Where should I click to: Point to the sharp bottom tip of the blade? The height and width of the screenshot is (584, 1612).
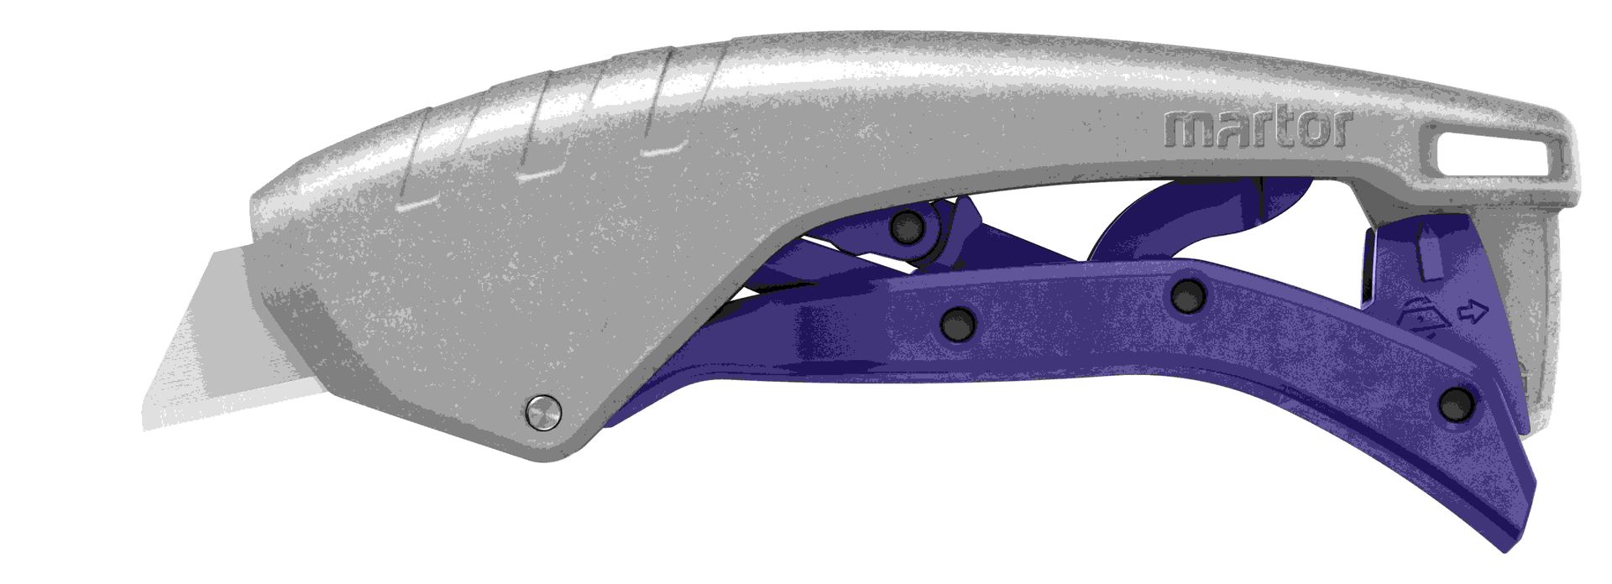[144, 429]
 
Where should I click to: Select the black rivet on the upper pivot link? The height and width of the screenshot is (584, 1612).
[908, 225]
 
